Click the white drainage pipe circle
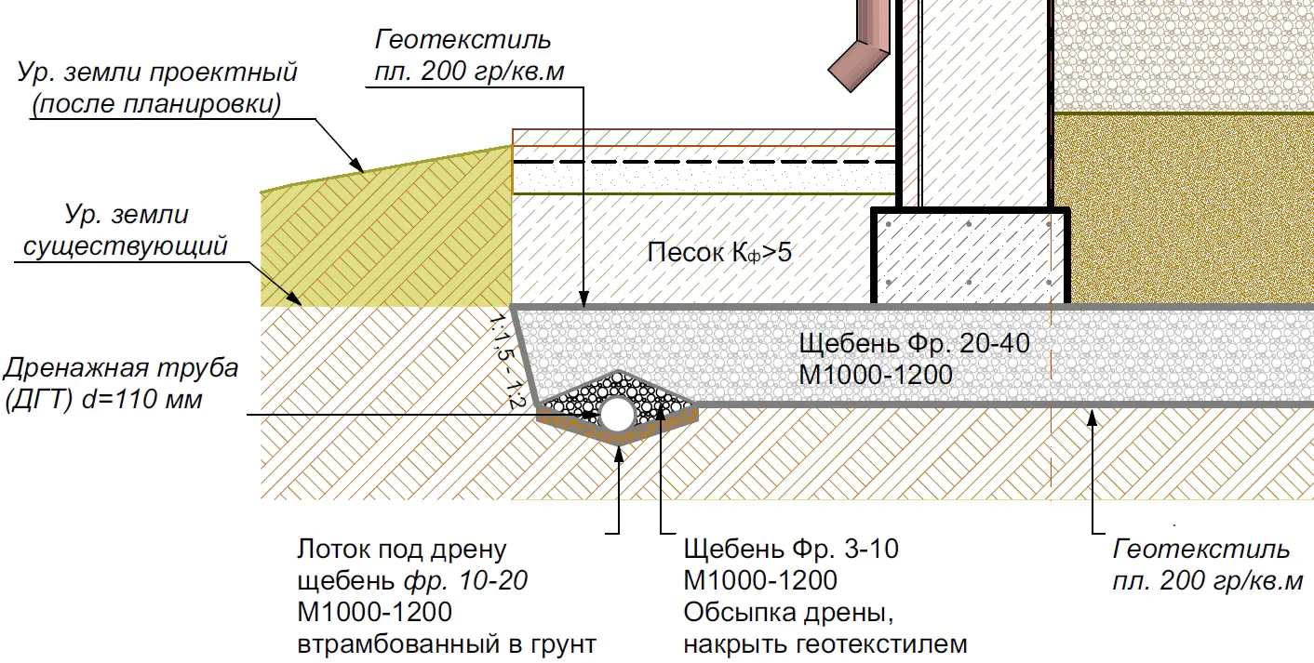tap(617, 415)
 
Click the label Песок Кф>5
tap(719, 253)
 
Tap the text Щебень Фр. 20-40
tap(914, 343)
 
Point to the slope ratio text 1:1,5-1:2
tap(503, 361)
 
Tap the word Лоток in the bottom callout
tap(333, 550)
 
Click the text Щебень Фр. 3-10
tap(791, 550)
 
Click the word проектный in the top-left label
tap(223, 73)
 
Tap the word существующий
tap(125, 246)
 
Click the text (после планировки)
tap(156, 104)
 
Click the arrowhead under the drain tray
tap(619, 456)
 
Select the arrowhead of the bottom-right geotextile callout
tap(1093, 418)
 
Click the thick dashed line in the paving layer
tap(704, 162)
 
